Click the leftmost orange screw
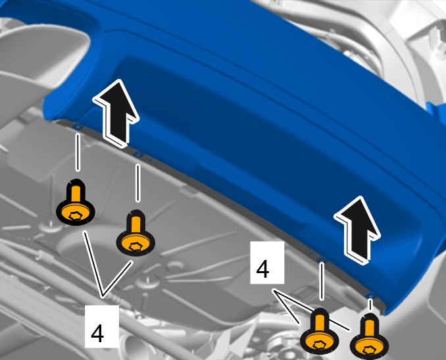(76, 203)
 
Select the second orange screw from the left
(136, 234)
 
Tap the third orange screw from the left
(320, 332)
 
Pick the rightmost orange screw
(369, 337)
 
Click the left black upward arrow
(116, 114)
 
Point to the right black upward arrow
(357, 230)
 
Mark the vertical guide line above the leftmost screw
(78, 153)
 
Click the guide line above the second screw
(137, 183)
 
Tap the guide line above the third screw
(322, 281)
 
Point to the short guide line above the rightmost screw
(370, 305)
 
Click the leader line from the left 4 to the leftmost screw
(93, 264)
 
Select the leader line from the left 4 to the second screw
(118, 279)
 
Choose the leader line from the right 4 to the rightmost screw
(311, 309)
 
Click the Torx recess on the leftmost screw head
(76, 216)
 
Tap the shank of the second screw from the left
(136, 224)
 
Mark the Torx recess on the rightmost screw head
(369, 349)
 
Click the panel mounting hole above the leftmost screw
(78, 126)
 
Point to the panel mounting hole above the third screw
(322, 259)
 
